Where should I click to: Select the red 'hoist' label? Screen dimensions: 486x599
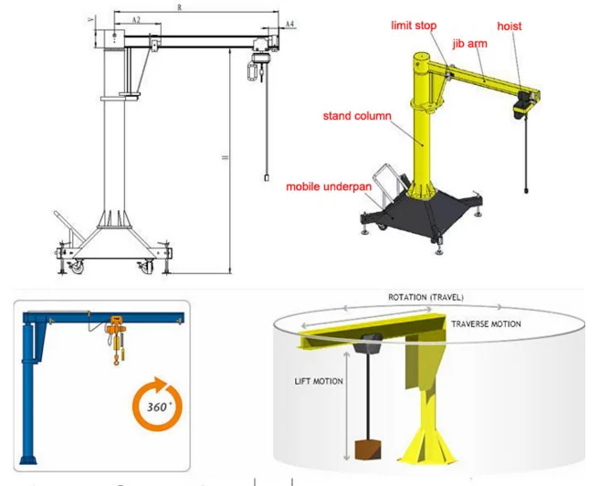click(510, 26)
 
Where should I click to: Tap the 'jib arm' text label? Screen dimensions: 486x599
click(469, 43)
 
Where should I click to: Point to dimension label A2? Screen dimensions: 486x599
click(135, 19)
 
